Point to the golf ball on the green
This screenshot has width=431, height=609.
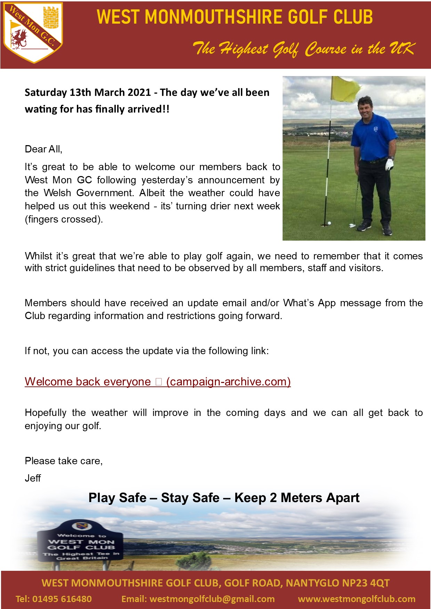point(330,223)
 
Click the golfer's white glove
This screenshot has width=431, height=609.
point(390,164)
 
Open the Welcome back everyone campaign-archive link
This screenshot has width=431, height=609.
point(157,382)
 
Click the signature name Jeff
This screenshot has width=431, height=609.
point(33,478)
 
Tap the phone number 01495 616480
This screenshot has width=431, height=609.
point(62,599)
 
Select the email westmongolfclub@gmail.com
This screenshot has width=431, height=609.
point(212,599)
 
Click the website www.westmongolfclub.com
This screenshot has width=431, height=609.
point(357,599)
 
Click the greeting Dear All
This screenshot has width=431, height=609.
point(43,149)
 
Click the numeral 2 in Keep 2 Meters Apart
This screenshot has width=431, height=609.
point(273,498)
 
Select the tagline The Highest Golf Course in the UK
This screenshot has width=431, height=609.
point(304,49)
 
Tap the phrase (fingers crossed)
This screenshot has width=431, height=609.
point(64,219)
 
